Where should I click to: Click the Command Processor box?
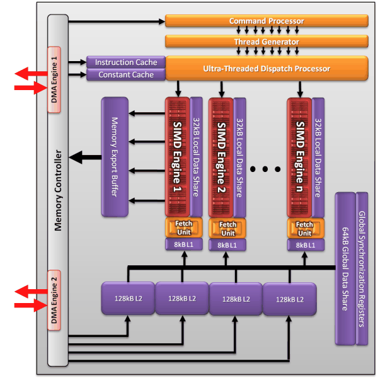pos(266,21)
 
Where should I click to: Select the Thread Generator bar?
pos(266,42)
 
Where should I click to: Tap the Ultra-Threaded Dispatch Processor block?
pos(266,68)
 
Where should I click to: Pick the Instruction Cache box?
pos(125,62)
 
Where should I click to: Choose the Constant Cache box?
pos(125,75)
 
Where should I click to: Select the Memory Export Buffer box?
pos(115,157)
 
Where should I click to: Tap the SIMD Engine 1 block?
pos(177,156)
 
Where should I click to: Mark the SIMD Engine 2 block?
pos(221,156)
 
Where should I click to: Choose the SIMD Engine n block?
pos(299,156)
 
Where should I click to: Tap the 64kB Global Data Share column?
pos(344,268)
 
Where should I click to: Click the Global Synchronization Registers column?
pos(362,268)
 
